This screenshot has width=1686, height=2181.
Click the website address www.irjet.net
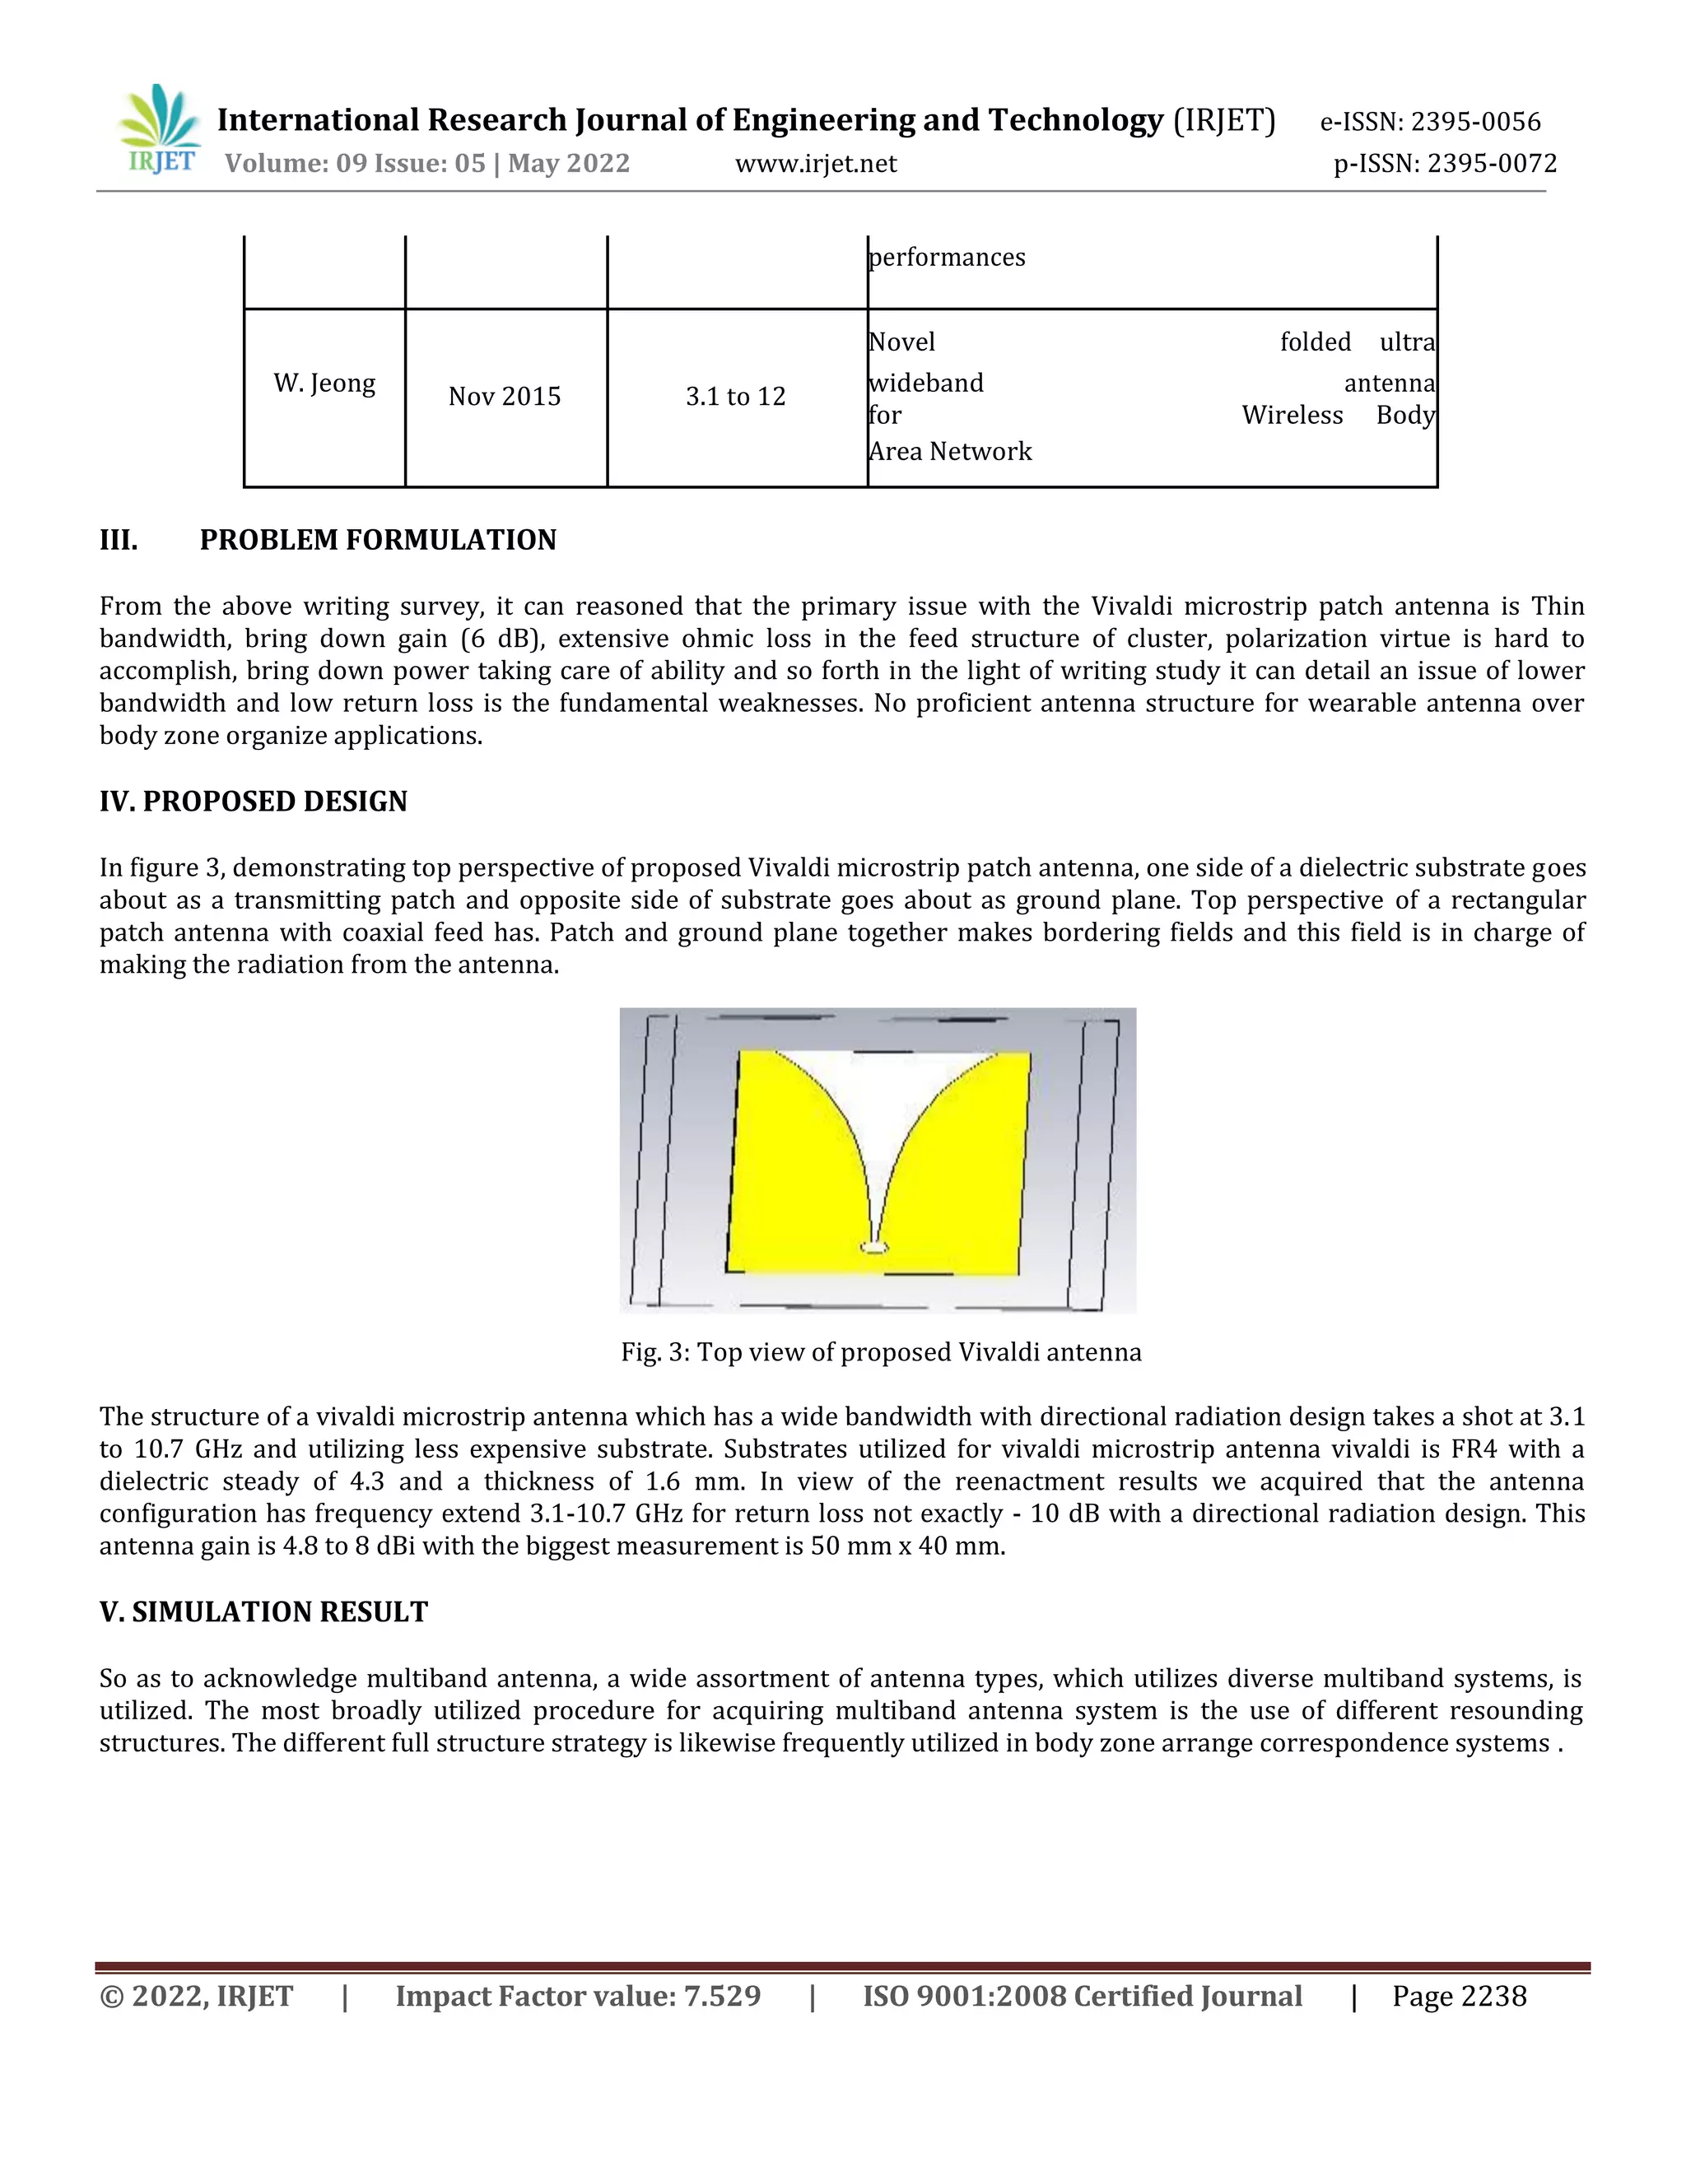pos(815,164)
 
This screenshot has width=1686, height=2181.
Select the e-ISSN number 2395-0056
pos(1474,122)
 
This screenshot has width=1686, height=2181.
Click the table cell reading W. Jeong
pos(324,384)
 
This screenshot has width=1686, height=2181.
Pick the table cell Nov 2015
pos(505,397)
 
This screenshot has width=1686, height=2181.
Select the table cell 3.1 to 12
pos(735,397)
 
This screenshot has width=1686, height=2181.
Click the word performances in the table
pos(946,258)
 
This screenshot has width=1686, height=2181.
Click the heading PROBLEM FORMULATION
pos(378,540)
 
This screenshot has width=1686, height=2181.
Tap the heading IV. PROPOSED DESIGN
pos(253,802)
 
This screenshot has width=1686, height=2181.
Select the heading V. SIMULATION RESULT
pos(263,1611)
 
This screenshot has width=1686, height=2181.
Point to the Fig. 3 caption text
pos(880,1352)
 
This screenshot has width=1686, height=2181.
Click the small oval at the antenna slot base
pos(874,1247)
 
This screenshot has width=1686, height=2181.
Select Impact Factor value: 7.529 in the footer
pos(577,1997)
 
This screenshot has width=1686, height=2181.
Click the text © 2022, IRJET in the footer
pos(197,1997)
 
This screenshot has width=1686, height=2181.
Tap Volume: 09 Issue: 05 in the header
pos(355,164)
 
